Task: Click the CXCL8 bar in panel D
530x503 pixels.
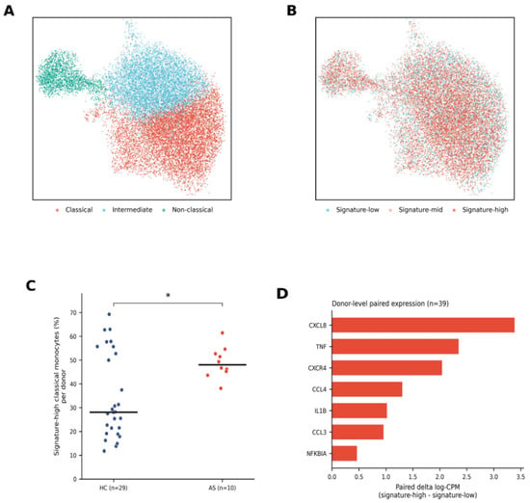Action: [423, 325]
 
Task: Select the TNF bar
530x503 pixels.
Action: [395, 347]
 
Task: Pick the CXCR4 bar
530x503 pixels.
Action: [387, 368]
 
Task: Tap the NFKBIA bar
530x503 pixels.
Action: [344, 453]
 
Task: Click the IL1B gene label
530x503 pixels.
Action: [320, 411]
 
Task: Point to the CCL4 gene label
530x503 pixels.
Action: [319, 389]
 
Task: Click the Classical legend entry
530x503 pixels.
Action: [74, 210]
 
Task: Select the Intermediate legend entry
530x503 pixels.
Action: [127, 210]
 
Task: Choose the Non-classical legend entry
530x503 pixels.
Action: [188, 210]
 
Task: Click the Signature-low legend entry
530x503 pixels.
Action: [353, 210]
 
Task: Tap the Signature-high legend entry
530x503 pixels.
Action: [480, 210]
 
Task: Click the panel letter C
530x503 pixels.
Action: [31, 286]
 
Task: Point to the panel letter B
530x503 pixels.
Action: [291, 11]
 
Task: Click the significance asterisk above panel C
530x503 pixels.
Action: [168, 295]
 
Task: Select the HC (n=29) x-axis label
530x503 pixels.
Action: [114, 488]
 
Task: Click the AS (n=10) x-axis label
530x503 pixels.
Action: [222, 488]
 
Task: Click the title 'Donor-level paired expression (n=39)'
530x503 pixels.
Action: [390, 304]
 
